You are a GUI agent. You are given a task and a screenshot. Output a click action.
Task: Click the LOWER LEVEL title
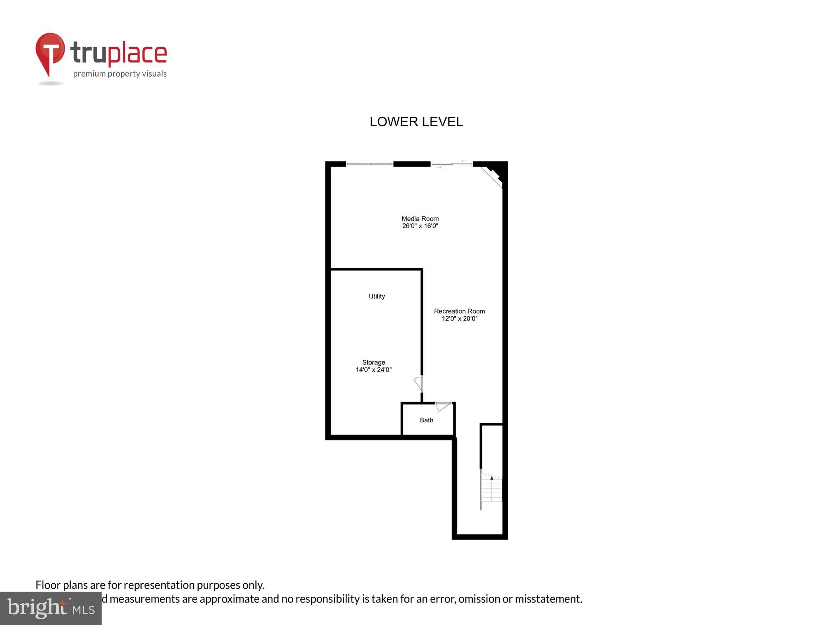click(x=416, y=122)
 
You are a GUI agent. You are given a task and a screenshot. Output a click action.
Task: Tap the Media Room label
click(x=420, y=218)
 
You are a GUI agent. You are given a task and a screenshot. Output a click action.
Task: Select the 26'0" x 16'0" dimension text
click(x=420, y=226)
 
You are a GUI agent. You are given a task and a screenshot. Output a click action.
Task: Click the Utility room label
click(x=377, y=296)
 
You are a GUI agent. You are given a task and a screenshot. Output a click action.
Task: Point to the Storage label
click(x=373, y=362)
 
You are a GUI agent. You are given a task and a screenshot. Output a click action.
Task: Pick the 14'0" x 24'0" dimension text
click(x=373, y=370)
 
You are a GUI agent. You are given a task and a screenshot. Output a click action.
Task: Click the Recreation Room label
click(x=459, y=311)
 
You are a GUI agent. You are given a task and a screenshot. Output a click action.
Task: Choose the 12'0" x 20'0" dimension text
click(x=459, y=319)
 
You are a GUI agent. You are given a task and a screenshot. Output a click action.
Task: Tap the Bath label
click(x=426, y=420)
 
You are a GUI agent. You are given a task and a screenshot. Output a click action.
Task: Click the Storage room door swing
click(x=419, y=383)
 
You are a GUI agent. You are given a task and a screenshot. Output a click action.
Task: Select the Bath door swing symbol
click(x=443, y=406)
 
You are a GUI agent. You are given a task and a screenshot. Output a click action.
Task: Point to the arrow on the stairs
click(x=492, y=478)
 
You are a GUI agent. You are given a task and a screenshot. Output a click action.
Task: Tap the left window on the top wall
click(x=369, y=164)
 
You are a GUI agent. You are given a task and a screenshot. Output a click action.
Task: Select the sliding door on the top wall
click(x=451, y=164)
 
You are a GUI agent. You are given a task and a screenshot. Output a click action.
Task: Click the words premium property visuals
click(x=120, y=74)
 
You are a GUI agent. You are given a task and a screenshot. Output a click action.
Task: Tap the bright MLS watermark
click(x=51, y=608)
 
